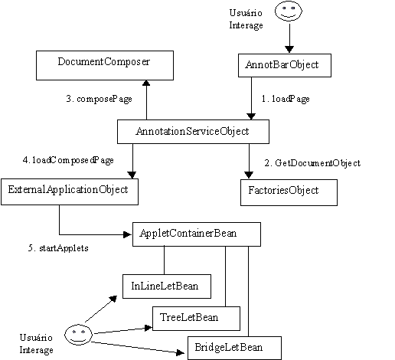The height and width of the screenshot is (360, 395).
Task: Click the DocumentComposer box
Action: tap(105, 65)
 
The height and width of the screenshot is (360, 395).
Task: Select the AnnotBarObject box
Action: tap(285, 65)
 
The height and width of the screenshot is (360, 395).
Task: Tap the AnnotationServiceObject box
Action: tap(193, 132)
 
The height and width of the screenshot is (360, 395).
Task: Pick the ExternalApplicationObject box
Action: tap(70, 191)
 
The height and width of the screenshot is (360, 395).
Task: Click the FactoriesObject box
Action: tap(289, 192)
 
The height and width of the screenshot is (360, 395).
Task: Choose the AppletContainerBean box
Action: tap(197, 234)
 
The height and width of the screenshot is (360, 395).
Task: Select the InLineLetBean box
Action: tap(167, 286)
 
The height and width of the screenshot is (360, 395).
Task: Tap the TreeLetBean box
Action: tap(196, 319)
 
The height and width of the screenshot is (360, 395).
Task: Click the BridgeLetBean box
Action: tap(234, 348)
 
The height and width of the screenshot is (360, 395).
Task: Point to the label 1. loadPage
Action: tap(286, 99)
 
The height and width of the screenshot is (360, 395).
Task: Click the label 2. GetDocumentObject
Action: tap(312, 163)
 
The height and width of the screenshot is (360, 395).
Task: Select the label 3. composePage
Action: tap(100, 99)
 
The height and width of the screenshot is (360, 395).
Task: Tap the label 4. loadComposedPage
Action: tap(68, 160)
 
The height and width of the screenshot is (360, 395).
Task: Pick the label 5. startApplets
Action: tap(58, 248)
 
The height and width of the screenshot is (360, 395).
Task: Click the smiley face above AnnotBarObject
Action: tap(289, 11)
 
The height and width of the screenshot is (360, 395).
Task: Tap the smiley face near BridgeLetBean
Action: tap(78, 335)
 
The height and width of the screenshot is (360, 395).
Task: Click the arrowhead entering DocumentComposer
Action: tap(146, 83)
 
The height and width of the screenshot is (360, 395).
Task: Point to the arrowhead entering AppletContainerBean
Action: tap(127, 234)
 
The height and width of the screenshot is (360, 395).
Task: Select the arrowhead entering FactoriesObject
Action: tap(249, 175)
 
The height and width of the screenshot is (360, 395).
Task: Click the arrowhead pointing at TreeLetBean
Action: tap(149, 328)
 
